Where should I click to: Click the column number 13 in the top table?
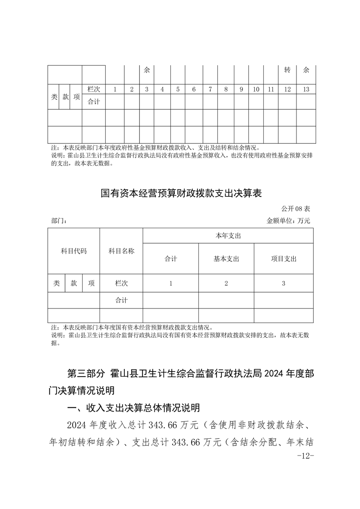(306, 89)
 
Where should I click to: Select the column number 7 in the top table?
(210, 89)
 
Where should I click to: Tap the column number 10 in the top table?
(256, 89)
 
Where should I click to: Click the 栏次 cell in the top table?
(94, 89)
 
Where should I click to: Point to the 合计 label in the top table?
(94, 102)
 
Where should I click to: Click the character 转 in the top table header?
(287, 70)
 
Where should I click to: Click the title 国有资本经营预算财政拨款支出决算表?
(181, 193)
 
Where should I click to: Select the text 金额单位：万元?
(288, 221)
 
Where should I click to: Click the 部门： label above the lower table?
(59, 221)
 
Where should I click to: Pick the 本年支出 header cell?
(228, 236)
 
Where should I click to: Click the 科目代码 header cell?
(74, 251)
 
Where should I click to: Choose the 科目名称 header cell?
(121, 251)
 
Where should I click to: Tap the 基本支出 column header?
(226, 259)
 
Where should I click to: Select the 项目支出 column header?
(283, 259)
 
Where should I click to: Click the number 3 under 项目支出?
(283, 283)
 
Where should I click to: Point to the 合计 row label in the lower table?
(121, 300)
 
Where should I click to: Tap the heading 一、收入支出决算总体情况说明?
(133, 408)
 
